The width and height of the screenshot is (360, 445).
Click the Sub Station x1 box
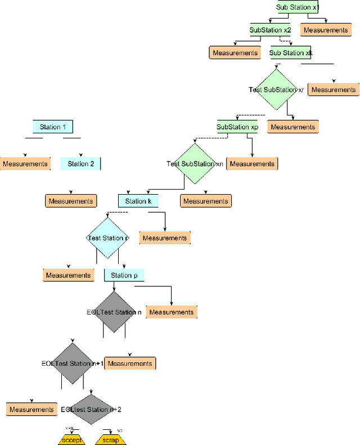point(297,7)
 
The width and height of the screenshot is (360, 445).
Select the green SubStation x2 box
point(270,30)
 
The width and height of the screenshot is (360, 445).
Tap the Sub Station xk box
point(290,53)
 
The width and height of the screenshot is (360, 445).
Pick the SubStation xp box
point(237,127)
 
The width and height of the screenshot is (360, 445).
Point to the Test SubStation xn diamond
point(195,164)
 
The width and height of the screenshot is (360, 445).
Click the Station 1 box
point(53,127)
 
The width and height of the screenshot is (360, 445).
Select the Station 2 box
point(80,164)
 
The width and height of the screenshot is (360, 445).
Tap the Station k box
point(138,201)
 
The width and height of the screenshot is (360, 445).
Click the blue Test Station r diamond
point(107,238)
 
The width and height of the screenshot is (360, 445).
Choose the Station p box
point(124,275)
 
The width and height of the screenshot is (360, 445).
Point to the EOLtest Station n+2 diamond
point(91,410)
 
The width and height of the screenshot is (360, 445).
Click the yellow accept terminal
point(71,440)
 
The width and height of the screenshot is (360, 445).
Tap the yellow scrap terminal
point(110,440)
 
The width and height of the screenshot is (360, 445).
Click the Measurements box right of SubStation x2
point(326,30)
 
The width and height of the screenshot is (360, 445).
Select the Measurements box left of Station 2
point(25,164)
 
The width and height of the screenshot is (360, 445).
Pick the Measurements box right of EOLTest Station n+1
point(130,363)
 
